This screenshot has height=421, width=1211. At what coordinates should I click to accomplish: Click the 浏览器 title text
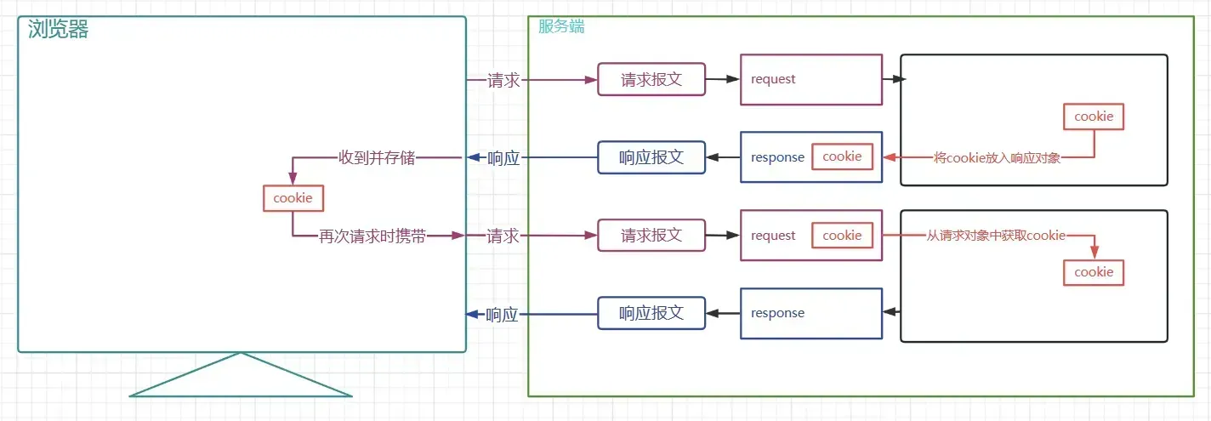click(59, 30)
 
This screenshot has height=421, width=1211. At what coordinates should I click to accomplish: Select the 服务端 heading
click(561, 26)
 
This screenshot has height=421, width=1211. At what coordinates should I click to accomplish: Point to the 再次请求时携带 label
click(372, 236)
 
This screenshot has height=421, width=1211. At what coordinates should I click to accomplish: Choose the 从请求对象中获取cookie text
click(995, 236)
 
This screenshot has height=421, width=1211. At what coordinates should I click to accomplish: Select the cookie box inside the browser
click(293, 198)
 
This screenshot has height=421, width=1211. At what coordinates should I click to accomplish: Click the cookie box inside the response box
click(842, 156)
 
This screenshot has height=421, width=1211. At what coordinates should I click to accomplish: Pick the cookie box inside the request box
click(842, 236)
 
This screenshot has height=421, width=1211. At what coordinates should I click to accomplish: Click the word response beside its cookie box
click(777, 157)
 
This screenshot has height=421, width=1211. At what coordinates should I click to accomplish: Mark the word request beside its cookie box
click(773, 236)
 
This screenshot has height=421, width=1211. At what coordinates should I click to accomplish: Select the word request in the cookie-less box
click(773, 79)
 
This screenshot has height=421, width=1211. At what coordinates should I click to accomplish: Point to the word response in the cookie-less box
click(777, 313)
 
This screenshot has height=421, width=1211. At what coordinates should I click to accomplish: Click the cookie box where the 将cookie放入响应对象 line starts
click(1094, 117)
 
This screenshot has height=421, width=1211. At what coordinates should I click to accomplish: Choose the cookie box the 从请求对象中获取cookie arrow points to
click(1094, 272)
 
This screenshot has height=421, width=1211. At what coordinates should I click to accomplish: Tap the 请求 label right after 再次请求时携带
click(503, 236)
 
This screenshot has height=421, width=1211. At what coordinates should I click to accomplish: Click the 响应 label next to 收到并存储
click(503, 157)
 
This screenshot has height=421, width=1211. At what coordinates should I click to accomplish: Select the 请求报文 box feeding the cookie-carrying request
click(651, 236)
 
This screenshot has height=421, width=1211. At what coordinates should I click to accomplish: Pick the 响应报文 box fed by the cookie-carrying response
click(651, 157)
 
